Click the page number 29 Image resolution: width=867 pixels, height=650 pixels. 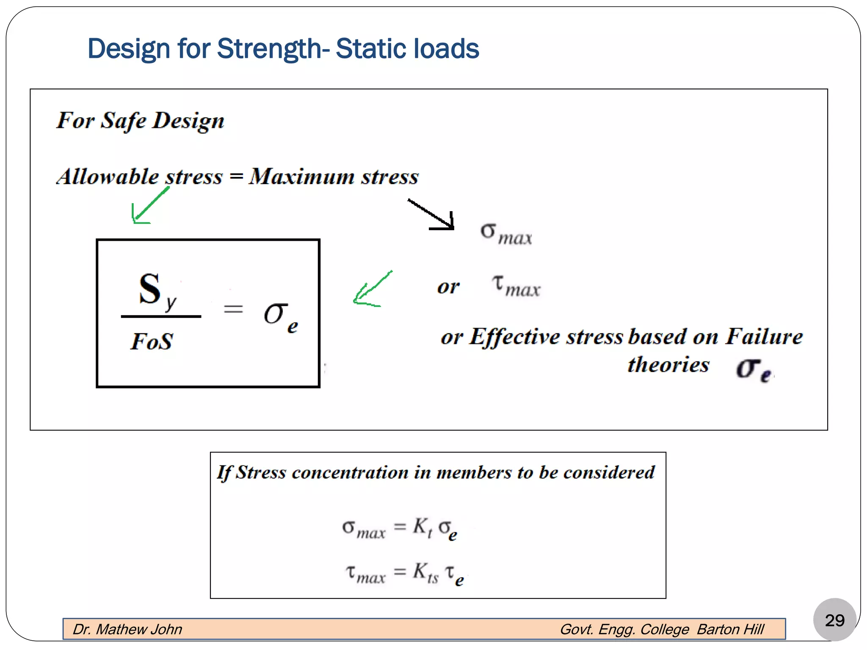point(834,620)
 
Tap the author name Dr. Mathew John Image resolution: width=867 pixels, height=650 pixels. point(127,629)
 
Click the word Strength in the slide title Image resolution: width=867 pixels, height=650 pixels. point(269,48)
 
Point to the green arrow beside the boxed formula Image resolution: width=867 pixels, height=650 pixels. point(371,289)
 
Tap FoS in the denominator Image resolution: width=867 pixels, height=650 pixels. point(152,342)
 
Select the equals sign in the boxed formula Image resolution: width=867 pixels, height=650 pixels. point(233,309)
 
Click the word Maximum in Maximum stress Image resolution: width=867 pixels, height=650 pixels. point(301,176)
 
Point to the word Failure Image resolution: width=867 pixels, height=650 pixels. point(764,337)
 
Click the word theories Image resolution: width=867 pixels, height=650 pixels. point(668,365)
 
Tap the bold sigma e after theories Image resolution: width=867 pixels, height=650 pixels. point(754,369)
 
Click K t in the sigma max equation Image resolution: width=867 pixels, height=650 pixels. point(422,528)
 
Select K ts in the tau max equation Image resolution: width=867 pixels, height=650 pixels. point(425,573)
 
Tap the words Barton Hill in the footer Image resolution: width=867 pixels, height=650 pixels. point(730,629)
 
